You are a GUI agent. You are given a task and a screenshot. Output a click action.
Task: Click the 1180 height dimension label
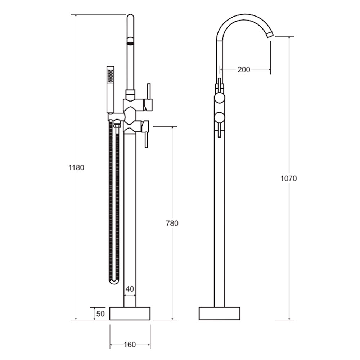(x=76, y=168)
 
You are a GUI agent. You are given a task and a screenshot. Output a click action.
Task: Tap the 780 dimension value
(x=172, y=223)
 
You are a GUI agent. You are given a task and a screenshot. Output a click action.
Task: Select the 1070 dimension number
(x=289, y=179)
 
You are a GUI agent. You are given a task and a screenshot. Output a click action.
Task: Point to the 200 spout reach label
(x=244, y=69)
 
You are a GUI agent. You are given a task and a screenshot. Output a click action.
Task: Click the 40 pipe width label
(x=130, y=289)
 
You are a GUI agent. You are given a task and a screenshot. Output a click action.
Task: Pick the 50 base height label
(x=100, y=314)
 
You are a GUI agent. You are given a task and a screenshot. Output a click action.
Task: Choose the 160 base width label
(x=130, y=345)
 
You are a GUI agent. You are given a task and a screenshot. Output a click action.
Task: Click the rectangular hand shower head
(x=111, y=90)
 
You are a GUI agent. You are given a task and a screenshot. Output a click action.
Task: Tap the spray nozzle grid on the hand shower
(x=111, y=76)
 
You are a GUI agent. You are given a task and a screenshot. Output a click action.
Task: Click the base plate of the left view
(x=130, y=314)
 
